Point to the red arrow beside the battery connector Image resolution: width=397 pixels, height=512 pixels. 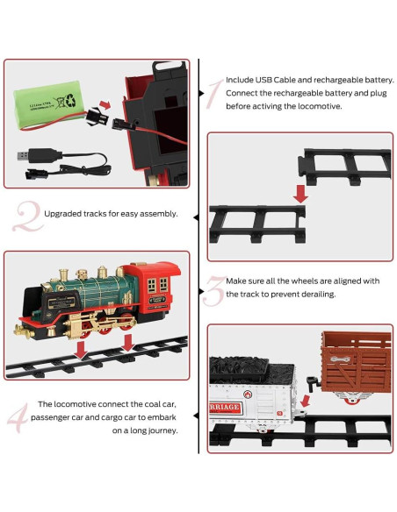[x=102, y=107]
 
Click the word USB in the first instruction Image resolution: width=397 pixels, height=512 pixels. [x=267, y=79]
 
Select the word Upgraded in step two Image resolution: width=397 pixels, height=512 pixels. [x=63, y=213]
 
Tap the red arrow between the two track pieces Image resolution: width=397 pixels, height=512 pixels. [x=300, y=192]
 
